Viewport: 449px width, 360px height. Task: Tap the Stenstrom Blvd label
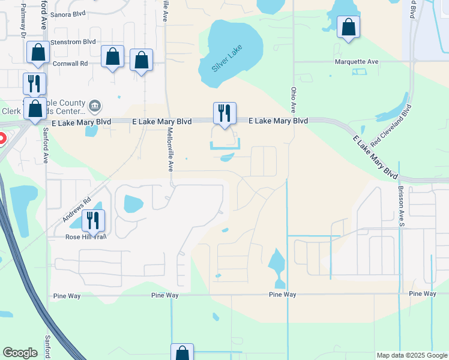pyautogui.click(x=74, y=42)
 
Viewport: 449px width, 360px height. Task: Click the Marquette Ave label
pyautogui.click(x=357, y=61)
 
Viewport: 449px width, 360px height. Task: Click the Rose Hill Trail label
pyautogui.click(x=86, y=237)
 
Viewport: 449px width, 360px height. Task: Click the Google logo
pyautogui.click(x=20, y=353)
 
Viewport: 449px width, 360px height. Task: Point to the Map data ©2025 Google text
pyautogui.click(x=412, y=355)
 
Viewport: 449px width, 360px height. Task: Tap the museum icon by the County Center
pyautogui.click(x=94, y=106)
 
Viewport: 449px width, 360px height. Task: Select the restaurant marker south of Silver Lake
pyautogui.click(x=224, y=113)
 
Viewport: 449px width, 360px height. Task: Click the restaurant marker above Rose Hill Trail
pyautogui.click(x=93, y=220)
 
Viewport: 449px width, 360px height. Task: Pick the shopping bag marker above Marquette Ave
pyautogui.click(x=348, y=27)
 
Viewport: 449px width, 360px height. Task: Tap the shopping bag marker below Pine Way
pyautogui.click(x=182, y=353)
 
